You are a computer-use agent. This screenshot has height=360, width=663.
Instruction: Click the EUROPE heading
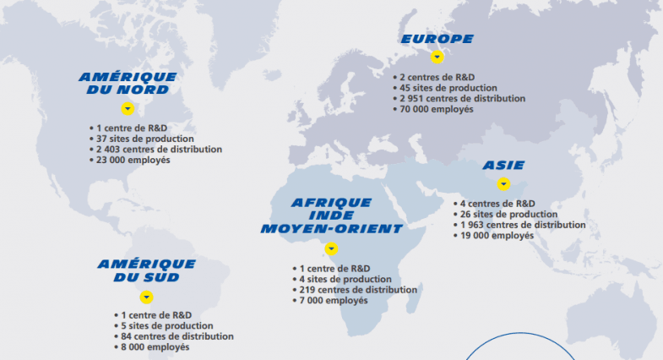click(437, 39)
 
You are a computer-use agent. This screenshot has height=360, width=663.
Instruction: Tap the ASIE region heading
click(503, 165)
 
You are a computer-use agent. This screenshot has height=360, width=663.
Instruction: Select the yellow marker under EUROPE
click(437, 57)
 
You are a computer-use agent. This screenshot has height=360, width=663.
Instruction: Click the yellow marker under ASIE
click(503, 184)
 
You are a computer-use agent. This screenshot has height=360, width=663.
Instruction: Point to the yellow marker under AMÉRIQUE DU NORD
click(128, 108)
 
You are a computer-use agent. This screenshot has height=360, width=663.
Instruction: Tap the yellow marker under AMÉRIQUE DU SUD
click(146, 297)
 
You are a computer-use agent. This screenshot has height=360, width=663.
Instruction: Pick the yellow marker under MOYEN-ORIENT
click(331, 248)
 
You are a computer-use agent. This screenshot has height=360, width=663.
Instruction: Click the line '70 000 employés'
click(437, 109)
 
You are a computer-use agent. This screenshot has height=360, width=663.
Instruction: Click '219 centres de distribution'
click(358, 290)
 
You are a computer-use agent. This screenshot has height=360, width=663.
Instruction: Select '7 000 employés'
click(334, 301)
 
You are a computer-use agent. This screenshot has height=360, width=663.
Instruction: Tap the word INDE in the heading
click(331, 215)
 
